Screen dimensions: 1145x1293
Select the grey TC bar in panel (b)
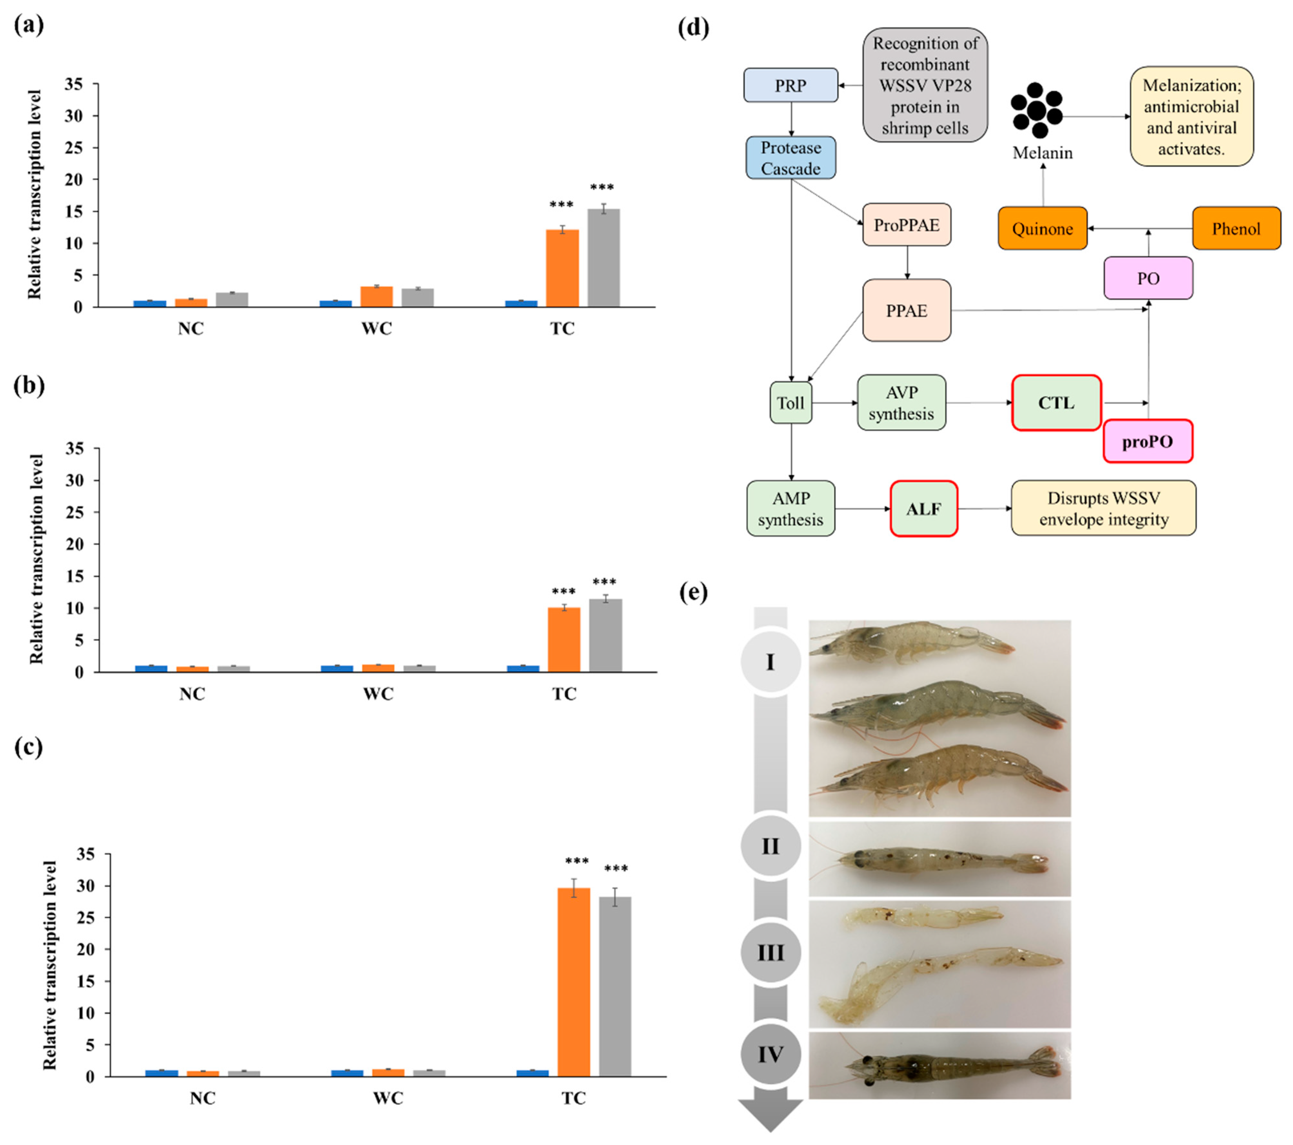(605, 635)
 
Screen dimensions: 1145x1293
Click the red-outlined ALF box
(923, 509)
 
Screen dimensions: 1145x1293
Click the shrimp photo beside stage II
(939, 859)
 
